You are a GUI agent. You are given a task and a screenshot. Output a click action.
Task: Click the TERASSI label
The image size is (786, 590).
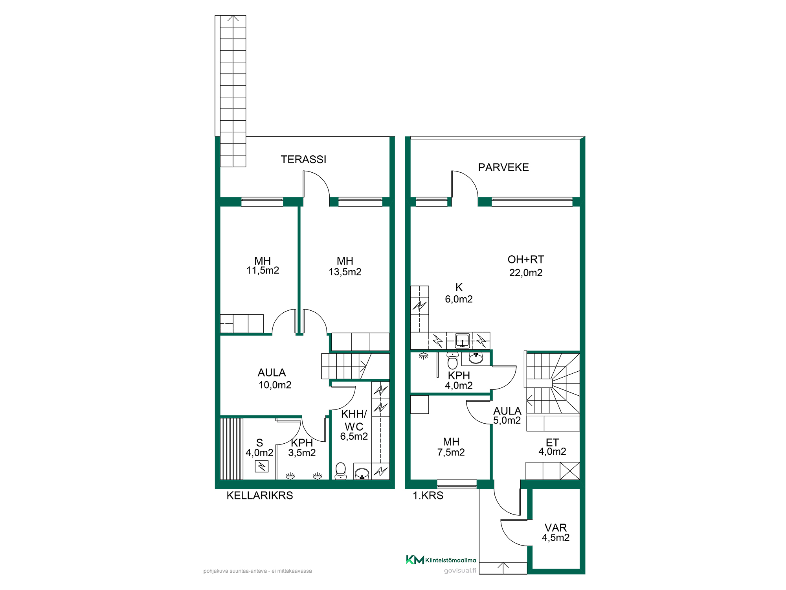click(303, 159)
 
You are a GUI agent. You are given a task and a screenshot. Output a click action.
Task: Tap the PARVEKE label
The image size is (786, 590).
click(503, 167)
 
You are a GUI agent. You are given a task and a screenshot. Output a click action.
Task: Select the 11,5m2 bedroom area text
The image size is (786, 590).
click(263, 271)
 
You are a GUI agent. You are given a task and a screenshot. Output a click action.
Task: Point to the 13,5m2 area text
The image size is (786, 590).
click(345, 272)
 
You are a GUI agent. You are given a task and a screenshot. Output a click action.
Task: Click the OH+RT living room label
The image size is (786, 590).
click(526, 260)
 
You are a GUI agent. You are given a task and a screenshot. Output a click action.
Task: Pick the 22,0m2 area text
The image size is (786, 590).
click(526, 273)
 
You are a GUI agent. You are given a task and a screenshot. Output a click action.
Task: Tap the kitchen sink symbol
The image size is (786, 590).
click(463, 341)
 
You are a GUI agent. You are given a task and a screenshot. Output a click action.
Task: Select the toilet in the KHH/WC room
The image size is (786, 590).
click(341, 471)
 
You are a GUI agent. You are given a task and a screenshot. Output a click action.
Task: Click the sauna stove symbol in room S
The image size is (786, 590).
click(261, 466)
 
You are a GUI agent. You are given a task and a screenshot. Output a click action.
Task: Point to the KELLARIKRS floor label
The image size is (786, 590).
click(260, 496)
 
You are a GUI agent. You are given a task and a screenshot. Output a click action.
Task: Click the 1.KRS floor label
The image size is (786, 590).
click(428, 496)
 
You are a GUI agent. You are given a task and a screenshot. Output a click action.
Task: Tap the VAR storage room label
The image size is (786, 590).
click(556, 528)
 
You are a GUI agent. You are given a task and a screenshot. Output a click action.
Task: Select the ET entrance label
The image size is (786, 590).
click(552, 442)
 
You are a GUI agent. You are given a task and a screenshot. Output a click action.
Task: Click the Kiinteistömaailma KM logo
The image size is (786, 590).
click(415, 560)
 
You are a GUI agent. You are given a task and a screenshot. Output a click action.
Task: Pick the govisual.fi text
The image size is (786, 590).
click(460, 571)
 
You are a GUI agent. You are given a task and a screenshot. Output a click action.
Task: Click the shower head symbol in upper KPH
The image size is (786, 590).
click(424, 356)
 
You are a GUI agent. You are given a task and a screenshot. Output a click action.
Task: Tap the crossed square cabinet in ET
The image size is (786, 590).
click(570, 471)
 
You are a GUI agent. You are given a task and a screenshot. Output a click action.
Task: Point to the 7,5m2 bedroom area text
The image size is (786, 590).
click(451, 452)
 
